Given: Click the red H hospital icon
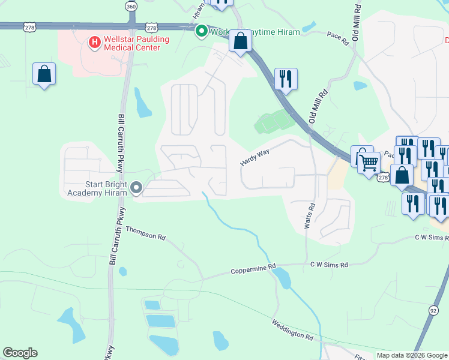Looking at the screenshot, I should (x=94, y=42).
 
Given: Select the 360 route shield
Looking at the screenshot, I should (x=131, y=6).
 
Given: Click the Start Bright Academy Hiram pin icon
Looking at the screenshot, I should (x=136, y=188).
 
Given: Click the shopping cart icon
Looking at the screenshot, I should (x=369, y=161).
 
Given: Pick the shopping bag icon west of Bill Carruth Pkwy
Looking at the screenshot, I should (x=44, y=74).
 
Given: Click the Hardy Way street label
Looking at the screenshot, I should (x=254, y=158).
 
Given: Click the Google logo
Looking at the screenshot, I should (x=20, y=353).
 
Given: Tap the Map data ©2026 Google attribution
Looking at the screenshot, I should (x=412, y=355).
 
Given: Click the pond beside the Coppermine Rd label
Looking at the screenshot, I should (x=281, y=278).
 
